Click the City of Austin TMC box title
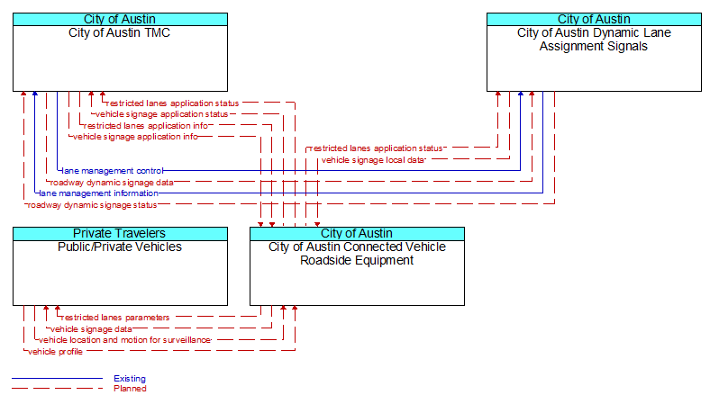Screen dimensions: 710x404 [x=120, y=33]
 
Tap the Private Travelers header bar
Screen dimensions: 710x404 [x=120, y=233]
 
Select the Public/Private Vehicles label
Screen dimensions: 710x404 [x=120, y=247]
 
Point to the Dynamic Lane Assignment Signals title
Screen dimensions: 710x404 [x=594, y=40]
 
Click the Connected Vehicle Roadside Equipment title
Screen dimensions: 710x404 [x=357, y=254]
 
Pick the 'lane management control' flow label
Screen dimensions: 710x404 [x=113, y=171]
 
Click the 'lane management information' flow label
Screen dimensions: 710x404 [x=99, y=193]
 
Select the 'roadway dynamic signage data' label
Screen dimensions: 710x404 [x=112, y=183]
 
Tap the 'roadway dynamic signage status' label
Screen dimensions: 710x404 [x=92, y=205]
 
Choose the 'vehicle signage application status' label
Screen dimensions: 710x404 [x=161, y=114]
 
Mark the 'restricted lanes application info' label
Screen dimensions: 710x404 [x=146, y=126]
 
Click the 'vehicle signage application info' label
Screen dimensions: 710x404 [x=135, y=137]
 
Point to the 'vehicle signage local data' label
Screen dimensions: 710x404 [x=373, y=160]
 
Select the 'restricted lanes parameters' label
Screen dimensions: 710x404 [x=115, y=318]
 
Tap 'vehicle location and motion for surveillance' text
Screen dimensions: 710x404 [x=124, y=340]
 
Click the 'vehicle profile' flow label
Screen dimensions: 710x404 [x=55, y=352]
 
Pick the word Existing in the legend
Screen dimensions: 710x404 [x=130, y=379]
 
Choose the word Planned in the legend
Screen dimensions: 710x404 [x=130, y=389]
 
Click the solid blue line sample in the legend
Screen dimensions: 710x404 [x=57, y=378]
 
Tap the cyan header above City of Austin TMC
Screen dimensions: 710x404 [x=120, y=20]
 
